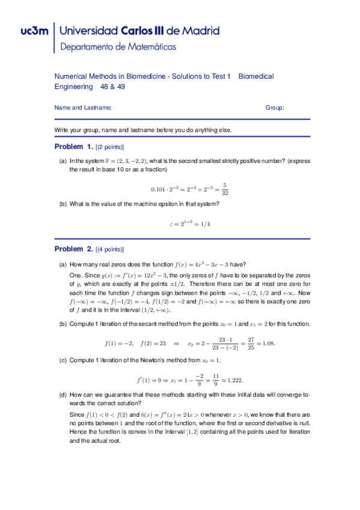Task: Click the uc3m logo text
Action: [26, 31]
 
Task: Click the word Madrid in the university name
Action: [198, 31]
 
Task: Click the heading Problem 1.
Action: [74, 147]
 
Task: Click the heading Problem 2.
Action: [74, 249]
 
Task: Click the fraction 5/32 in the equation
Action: [224, 189]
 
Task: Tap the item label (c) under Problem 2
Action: [63, 360]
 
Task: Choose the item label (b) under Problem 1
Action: [63, 204]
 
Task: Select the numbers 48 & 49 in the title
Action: [112, 87]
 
